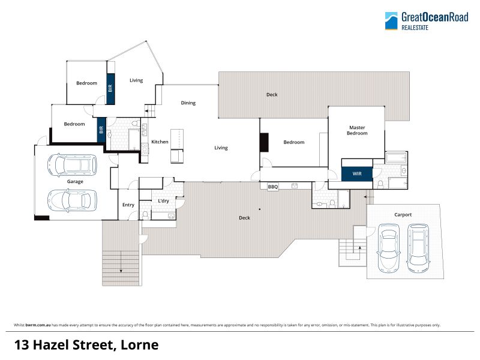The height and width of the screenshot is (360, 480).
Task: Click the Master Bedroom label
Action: pyautogui.click(x=357, y=130)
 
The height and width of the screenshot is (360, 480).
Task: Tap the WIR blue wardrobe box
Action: pyautogui.click(x=357, y=173)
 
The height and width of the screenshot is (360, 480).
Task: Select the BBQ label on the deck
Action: pyautogui.click(x=273, y=187)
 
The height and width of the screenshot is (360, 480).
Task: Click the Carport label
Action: pyautogui.click(x=403, y=215)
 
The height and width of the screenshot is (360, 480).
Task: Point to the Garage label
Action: pyautogui.click(x=75, y=182)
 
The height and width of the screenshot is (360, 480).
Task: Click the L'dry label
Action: pyautogui.click(x=163, y=201)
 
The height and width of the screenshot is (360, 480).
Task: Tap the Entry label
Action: pyautogui.click(x=128, y=205)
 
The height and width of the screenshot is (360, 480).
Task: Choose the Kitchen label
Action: pyautogui.click(x=160, y=142)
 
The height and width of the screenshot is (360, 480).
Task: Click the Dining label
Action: pyautogui.click(x=188, y=103)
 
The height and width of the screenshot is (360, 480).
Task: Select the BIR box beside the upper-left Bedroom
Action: pyautogui.click(x=110, y=88)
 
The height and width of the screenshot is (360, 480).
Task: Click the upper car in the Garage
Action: pyautogui.click(x=72, y=165)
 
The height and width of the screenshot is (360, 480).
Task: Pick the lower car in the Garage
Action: pyautogui.click(x=72, y=200)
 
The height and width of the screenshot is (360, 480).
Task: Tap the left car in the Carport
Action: pyautogui.click(x=389, y=248)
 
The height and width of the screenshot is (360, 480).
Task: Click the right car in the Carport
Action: pyautogui.click(x=418, y=248)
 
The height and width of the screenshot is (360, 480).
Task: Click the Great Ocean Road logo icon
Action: pyautogui.click(x=391, y=21)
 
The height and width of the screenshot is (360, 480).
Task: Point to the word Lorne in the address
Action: pyautogui.click(x=140, y=345)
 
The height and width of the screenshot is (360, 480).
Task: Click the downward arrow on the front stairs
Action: pyautogui.click(x=121, y=262)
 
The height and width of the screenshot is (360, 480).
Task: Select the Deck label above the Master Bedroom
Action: pyautogui.click(x=272, y=95)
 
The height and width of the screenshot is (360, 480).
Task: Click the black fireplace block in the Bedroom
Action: pyautogui.click(x=264, y=142)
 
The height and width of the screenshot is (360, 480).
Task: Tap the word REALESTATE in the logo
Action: pyautogui.click(x=415, y=28)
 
